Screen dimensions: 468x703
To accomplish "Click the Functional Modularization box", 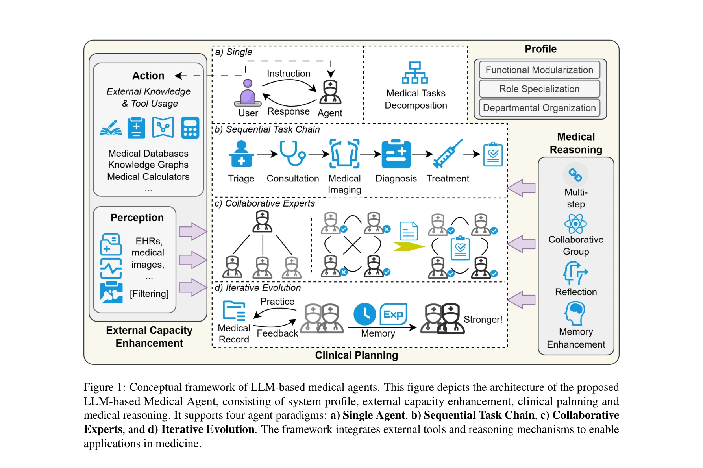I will pos(539,70).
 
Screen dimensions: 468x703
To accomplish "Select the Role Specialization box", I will pos(539,89).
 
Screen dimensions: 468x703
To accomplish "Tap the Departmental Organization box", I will pos(539,108).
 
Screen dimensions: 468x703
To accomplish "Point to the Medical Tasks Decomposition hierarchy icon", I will pos(415,73).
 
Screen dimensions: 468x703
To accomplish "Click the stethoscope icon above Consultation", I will pos(292,153).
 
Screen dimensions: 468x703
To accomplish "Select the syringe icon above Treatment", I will pos(448,154).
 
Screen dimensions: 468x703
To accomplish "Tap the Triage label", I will pos(241,179).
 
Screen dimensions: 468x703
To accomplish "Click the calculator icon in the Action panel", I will pos(190,128).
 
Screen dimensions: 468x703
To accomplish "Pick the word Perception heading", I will pos(137,218).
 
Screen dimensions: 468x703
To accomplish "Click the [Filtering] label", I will pos(149,294).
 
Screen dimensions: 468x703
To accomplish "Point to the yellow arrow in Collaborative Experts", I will pos(409,247).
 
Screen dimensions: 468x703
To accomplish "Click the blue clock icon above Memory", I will pos(364,314).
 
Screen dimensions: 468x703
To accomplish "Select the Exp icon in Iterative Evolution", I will pos(393,314).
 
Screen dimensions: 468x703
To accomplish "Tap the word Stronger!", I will pos(483,319).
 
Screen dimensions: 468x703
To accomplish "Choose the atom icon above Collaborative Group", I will pos(575,224).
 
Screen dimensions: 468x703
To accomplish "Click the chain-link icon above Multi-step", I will pos(575,175).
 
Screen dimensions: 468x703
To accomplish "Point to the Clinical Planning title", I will pos(357,355).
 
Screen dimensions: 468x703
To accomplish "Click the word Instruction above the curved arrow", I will pos(289,74).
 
